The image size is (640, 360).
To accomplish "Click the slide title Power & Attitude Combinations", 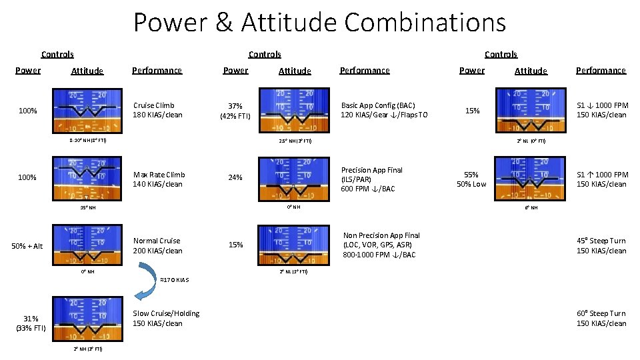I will pyautogui.click(x=319, y=23).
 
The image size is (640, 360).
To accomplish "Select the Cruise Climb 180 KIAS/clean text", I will pyautogui.click(x=157, y=110).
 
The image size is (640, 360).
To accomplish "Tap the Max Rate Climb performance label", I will pyautogui.click(x=158, y=179).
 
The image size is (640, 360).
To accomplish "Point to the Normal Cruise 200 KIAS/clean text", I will pyautogui.click(x=157, y=245).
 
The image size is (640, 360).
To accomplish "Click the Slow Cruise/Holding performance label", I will pyautogui.click(x=157, y=318).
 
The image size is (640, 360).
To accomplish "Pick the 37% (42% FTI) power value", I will pyautogui.click(x=235, y=111).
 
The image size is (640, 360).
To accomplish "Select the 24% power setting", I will pyautogui.click(x=235, y=178).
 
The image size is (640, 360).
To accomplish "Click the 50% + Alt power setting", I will pyautogui.click(x=27, y=246).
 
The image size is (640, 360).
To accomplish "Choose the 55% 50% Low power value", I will pyautogui.click(x=471, y=179).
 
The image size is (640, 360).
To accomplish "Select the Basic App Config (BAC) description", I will pyautogui.click(x=384, y=110).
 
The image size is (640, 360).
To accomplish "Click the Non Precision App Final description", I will pyautogui.click(x=381, y=245).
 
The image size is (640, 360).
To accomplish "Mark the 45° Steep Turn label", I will pyautogui.click(x=601, y=245).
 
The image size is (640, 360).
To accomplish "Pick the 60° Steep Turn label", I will pyautogui.click(x=601, y=318).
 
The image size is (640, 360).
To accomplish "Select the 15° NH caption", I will pyautogui.click(x=87, y=207).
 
